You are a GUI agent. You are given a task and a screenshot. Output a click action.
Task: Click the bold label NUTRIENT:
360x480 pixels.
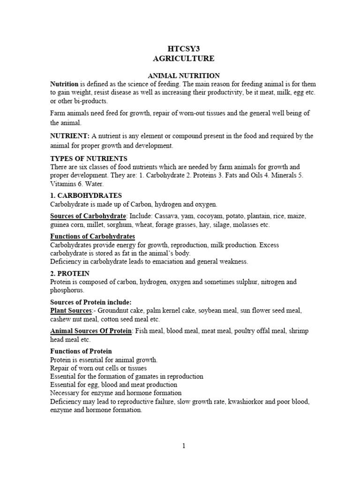pos(70,136)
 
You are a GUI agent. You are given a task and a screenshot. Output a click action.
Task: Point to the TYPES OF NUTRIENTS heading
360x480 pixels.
pos(89,158)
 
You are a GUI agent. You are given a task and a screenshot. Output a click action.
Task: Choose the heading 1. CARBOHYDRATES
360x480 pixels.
pos(86,195)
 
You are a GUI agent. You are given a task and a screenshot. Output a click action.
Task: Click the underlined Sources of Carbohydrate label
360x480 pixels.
pos(88,216)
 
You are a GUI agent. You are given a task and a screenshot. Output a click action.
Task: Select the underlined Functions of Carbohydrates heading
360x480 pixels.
pos(93,236)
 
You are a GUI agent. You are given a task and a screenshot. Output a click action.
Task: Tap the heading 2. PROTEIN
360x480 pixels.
pos(70,273)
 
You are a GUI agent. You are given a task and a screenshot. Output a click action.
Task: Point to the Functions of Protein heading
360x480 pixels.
pos(81,351)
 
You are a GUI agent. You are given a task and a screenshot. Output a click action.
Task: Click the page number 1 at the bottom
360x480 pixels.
pos(184,446)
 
